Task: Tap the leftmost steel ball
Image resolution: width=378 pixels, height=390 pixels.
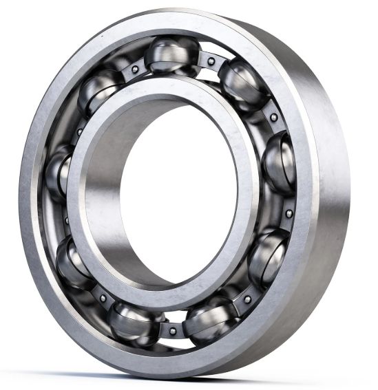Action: [x=58, y=171]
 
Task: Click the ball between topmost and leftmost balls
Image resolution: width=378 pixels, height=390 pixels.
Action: [x=100, y=93]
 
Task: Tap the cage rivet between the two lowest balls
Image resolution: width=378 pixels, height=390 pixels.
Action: [x=172, y=331]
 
